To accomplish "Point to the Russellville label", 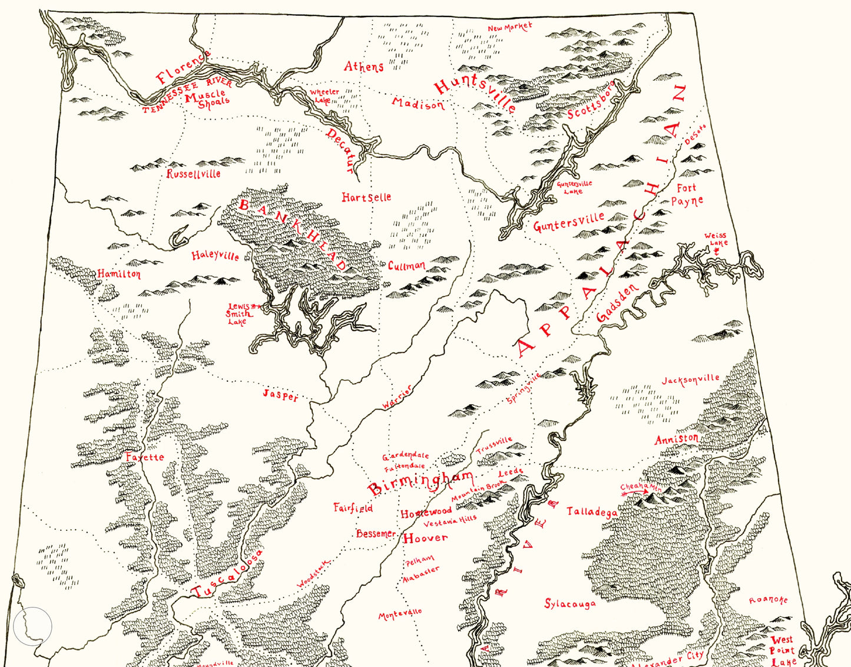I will pyautogui.click(x=193, y=174).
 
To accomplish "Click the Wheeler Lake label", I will pyautogui.click(x=324, y=95).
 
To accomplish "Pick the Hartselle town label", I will pyautogui.click(x=366, y=197).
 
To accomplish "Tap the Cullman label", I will pyautogui.click(x=406, y=266).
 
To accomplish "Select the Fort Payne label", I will pyautogui.click(x=687, y=195).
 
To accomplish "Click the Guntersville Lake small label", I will pyautogui.click(x=574, y=187).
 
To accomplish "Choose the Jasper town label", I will pyautogui.click(x=280, y=395).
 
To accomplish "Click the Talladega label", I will pyautogui.click(x=592, y=511).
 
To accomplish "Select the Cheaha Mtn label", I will pyautogui.click(x=641, y=487).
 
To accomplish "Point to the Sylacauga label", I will pyautogui.click(x=569, y=604).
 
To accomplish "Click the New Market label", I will pyautogui.click(x=509, y=27).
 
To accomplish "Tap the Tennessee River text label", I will pyautogui.click(x=187, y=96).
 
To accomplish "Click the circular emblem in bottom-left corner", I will pyautogui.click(x=33, y=626).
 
